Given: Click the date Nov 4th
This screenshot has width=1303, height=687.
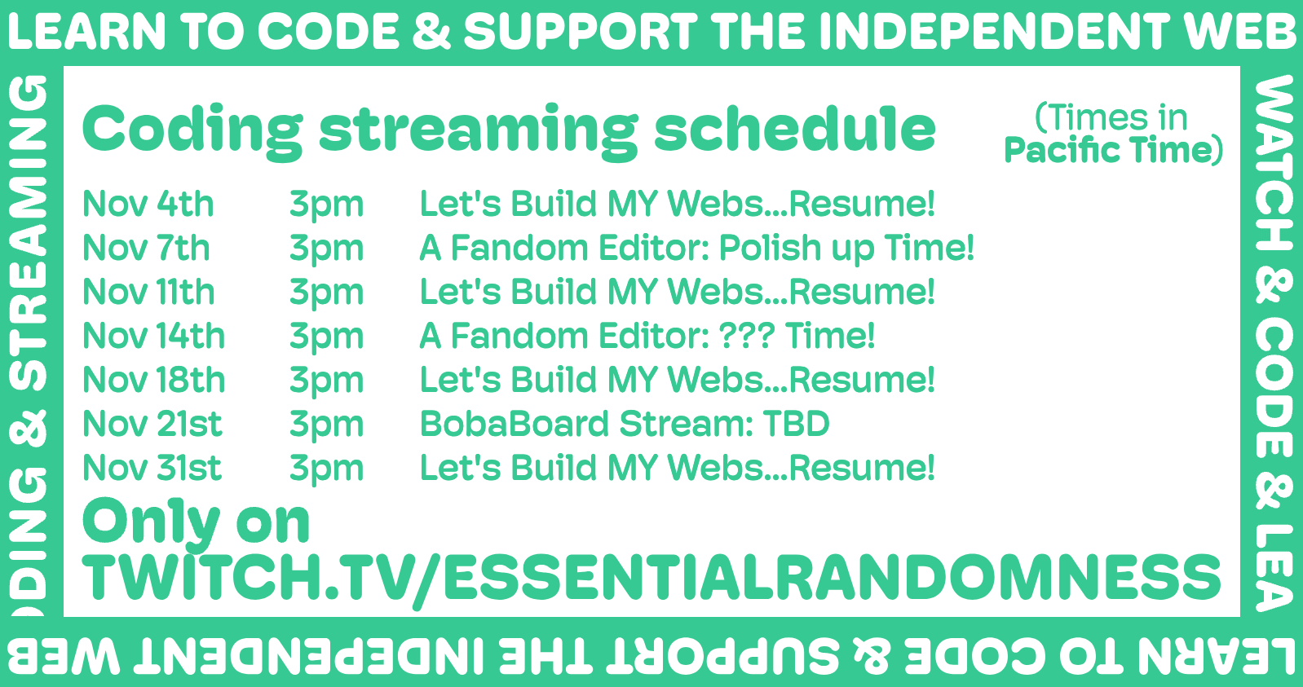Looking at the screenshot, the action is click(148, 204).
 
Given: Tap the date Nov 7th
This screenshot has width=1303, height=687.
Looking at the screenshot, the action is click(146, 249).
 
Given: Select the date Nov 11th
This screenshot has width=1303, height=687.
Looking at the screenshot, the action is click(149, 292).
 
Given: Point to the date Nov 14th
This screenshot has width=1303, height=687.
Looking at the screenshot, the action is click(153, 336).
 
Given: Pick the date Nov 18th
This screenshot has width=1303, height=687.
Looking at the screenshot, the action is click(153, 380).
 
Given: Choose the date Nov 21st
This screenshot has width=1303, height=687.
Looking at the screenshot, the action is click(152, 424).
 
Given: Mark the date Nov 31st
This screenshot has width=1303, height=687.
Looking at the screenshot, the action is click(152, 468).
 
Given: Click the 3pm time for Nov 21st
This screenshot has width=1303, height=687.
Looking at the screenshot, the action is click(327, 426).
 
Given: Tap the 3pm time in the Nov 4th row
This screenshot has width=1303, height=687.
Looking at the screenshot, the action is click(327, 206).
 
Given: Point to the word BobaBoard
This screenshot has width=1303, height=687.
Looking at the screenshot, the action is click(515, 424).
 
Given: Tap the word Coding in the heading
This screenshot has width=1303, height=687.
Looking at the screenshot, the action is click(192, 131).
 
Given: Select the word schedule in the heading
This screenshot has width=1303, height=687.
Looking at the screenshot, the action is click(794, 129).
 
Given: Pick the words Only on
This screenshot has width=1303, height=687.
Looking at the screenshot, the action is click(196, 522).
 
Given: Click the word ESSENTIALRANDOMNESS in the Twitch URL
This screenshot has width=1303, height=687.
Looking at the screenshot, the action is click(832, 576).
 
